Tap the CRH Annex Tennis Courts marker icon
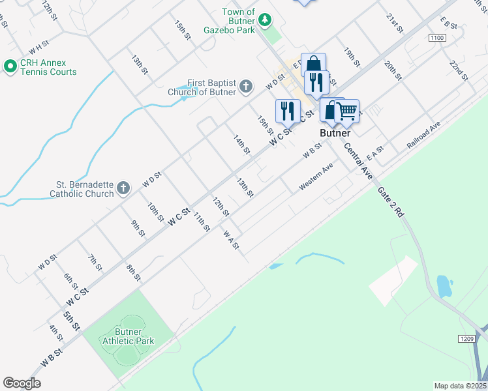(x=10, y=66)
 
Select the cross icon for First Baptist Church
(x=246, y=86)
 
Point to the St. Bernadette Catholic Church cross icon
(x=123, y=189)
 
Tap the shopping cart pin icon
(x=347, y=111)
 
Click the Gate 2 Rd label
(x=391, y=202)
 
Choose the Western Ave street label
(x=316, y=177)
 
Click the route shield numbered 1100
(x=437, y=39)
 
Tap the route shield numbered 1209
(x=465, y=340)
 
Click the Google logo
(x=22, y=383)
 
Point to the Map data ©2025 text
(x=460, y=386)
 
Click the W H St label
(x=39, y=46)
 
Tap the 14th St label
(x=242, y=144)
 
